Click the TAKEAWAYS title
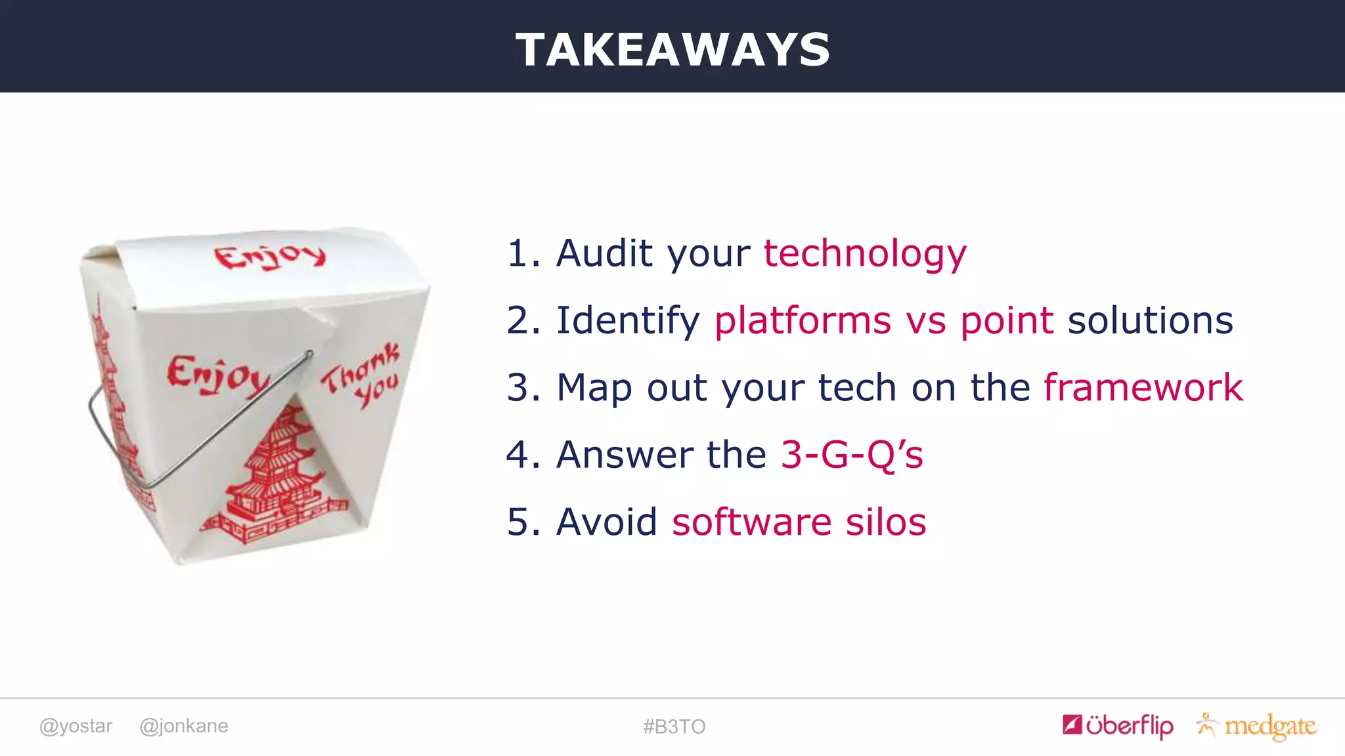click(672, 50)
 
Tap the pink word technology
click(865, 253)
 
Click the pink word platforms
click(803, 320)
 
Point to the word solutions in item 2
click(1150, 320)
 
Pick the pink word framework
click(1143, 387)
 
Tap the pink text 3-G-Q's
click(852, 454)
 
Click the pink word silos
click(885, 522)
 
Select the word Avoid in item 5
click(606, 522)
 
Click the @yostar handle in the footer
click(76, 726)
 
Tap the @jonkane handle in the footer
click(184, 726)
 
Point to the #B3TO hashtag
click(674, 726)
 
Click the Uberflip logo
click(1118, 725)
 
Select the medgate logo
click(1257, 726)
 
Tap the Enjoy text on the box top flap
click(270, 256)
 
